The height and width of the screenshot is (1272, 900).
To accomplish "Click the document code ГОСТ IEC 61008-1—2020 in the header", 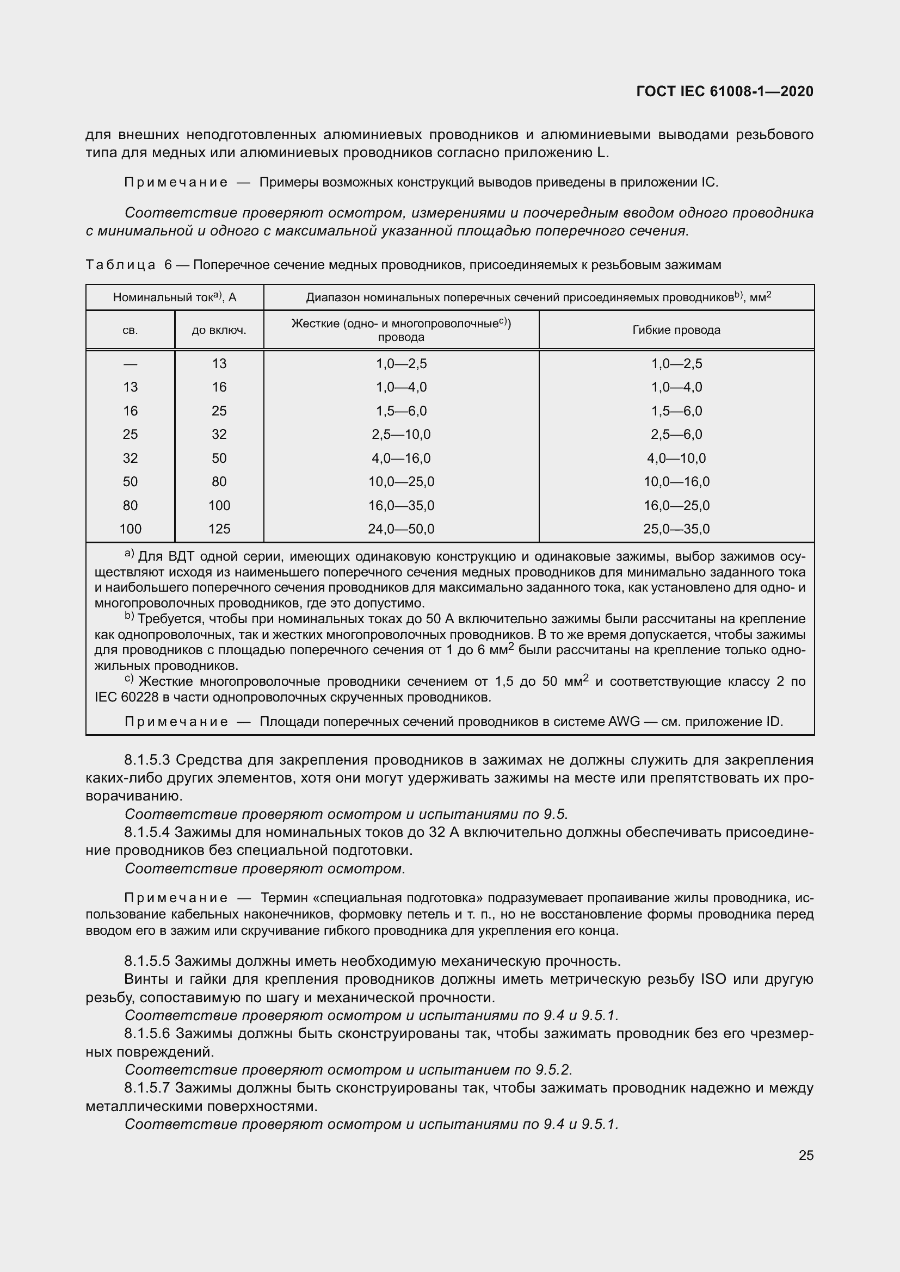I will tap(725, 91).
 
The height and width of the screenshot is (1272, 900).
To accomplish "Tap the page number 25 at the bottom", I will tap(806, 1155).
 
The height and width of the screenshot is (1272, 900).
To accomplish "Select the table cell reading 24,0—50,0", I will tap(401, 529).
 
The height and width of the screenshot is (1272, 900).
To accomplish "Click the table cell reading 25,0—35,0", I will tap(676, 529).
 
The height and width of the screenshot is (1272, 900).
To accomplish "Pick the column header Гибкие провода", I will tap(676, 330).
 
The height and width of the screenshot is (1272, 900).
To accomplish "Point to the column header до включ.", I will tap(219, 330).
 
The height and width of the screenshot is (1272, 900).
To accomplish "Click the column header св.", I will tap(130, 330).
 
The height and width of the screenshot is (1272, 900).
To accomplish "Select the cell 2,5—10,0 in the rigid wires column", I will tap(401, 435).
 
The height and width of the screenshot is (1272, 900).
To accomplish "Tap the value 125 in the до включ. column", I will tap(219, 529).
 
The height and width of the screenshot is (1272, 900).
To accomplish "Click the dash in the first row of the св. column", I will tap(130, 364).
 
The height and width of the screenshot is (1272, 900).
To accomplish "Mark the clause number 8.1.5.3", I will tap(147, 760).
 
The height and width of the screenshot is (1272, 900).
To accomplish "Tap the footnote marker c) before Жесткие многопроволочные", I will tap(128, 679).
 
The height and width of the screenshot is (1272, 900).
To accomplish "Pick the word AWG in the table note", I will tap(624, 722).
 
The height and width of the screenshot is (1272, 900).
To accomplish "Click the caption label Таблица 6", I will tap(129, 265).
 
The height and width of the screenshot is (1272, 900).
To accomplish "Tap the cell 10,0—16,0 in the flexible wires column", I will tap(676, 482).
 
